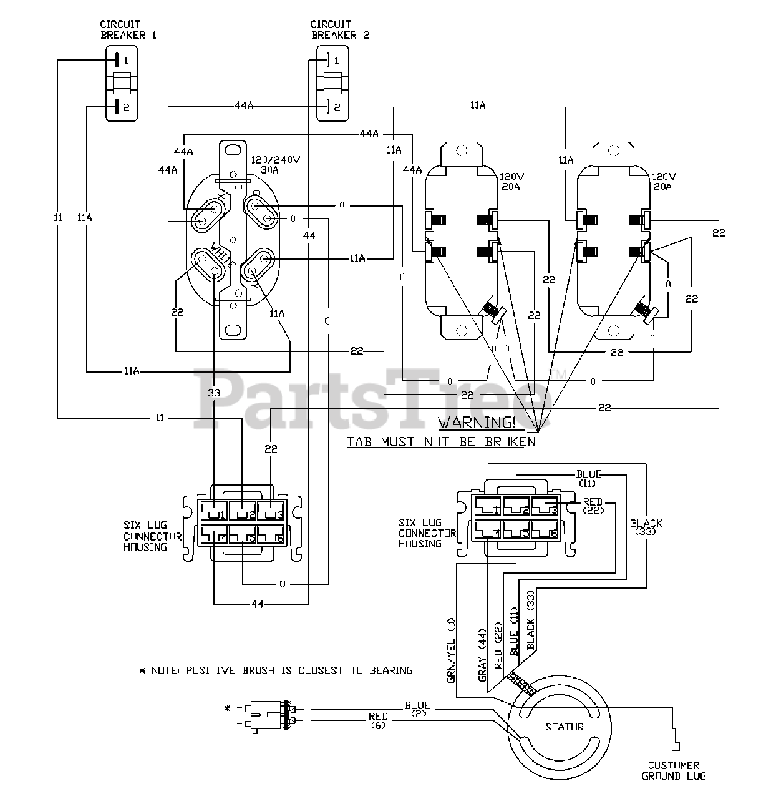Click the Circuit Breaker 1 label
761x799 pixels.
128,30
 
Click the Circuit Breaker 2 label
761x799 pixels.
340,30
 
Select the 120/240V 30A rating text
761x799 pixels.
276,165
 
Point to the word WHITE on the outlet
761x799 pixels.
223,255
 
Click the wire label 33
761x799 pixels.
214,393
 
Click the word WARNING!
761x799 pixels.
477,423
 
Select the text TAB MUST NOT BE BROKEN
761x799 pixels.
441,442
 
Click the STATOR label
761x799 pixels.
564,727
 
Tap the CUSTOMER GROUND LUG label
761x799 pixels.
673,770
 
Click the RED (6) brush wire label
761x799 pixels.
378,721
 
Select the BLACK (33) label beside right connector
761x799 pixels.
646,527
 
